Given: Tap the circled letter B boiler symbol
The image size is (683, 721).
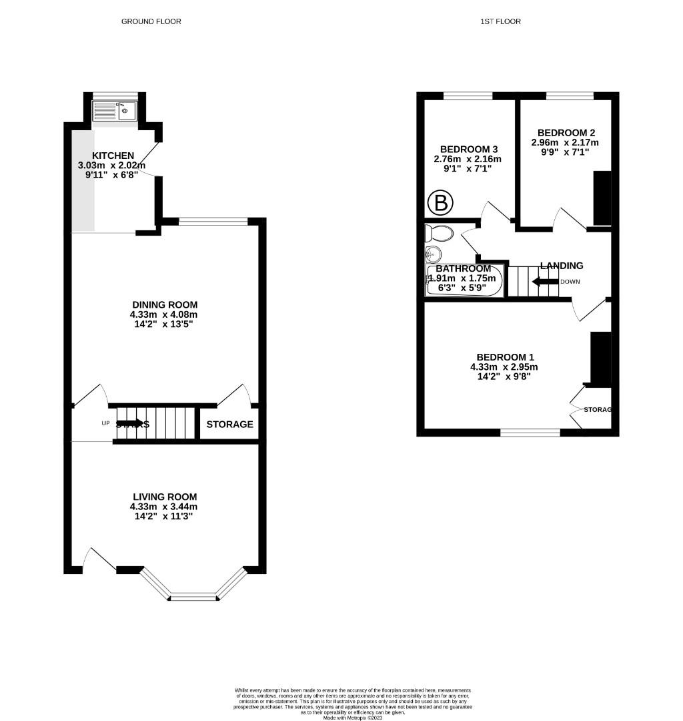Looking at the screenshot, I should pos(440,202).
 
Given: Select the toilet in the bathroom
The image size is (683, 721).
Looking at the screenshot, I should pos(440,233).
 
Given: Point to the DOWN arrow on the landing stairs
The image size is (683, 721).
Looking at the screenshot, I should pos(545,281).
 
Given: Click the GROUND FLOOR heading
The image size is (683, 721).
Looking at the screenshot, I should pos(151,21).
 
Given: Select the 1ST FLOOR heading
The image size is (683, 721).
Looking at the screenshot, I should pos(500,21).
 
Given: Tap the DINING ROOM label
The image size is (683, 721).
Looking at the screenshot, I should pos(164,305).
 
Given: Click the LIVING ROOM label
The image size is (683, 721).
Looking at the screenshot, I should pos(164,497).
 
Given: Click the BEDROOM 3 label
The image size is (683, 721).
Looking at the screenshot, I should pos(470,149).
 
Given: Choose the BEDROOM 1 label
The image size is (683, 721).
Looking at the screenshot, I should pos(504,357).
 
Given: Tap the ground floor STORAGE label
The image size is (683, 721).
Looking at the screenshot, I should pos(229,425).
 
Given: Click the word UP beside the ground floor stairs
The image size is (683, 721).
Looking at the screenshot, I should pos(105,423).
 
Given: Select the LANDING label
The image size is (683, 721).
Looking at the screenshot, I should pos(562,266).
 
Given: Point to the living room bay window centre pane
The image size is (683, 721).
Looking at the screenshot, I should pos(193,597).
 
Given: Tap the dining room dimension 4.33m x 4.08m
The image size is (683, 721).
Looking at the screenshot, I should pos(164,314).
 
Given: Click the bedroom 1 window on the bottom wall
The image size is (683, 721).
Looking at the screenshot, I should pos(530,433).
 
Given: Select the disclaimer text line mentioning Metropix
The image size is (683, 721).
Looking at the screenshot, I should pos(353,718).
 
